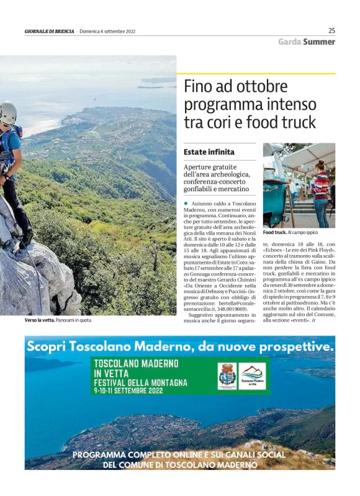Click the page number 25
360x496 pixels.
[331, 30]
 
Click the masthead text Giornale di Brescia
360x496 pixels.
[48, 31]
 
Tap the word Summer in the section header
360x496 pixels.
[319, 42]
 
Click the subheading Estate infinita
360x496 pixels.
[209, 151]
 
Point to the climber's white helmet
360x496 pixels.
[7, 112]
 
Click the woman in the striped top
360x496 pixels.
[320, 192]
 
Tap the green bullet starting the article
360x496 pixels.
[186, 204]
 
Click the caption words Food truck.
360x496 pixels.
[274, 232]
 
